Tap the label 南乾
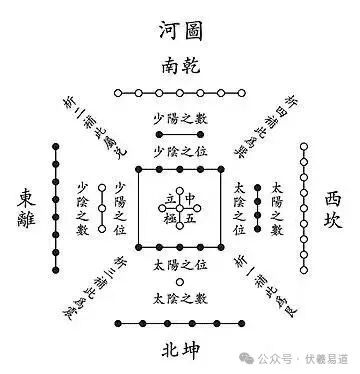point(180,68)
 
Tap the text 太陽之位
point(180,267)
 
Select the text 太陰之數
point(180,298)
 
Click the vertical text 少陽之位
point(122,209)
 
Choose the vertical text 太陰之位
point(238,209)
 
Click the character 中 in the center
point(192,198)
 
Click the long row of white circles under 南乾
point(180,93)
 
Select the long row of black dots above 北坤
point(180,323)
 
